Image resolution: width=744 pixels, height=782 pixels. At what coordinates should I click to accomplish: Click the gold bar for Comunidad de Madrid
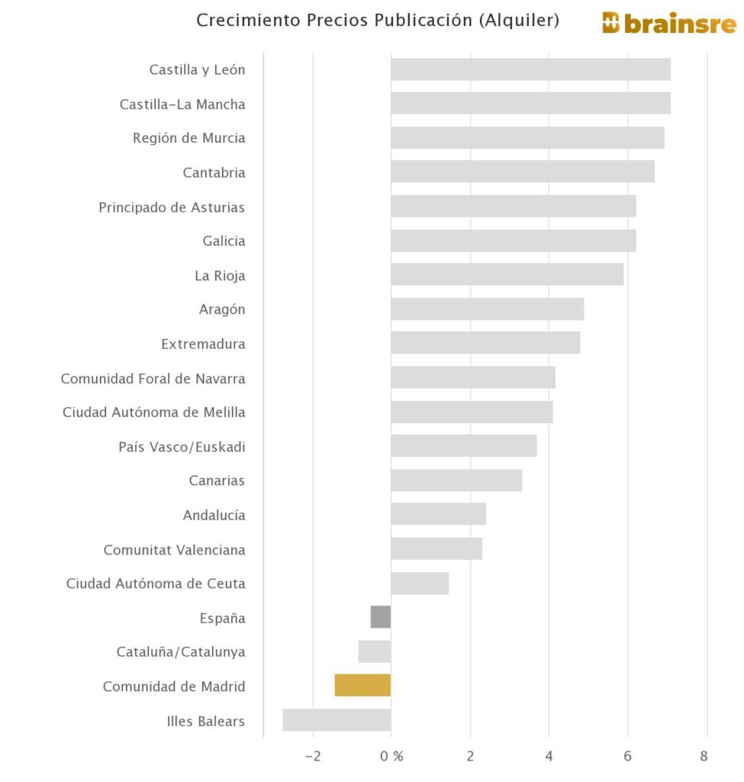coord(362,685)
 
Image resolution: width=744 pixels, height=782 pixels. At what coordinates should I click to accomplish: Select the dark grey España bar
coord(381,617)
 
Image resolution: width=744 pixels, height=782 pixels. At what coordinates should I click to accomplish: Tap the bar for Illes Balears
coord(337,719)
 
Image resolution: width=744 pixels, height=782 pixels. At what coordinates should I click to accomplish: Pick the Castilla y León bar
coord(530,69)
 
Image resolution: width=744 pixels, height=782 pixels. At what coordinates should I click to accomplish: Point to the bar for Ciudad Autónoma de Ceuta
coord(420,583)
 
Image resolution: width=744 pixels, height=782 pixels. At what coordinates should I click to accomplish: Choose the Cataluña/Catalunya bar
coord(375,651)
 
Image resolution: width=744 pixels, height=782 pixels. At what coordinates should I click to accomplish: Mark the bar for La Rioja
coord(507,274)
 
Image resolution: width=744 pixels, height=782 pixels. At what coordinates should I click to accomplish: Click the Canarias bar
coord(456,480)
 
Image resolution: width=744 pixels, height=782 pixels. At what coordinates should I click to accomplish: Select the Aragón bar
coord(487,309)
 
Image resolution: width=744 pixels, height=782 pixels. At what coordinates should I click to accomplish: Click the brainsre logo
coord(668,23)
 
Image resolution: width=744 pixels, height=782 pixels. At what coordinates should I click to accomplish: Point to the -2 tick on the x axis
coord(313,757)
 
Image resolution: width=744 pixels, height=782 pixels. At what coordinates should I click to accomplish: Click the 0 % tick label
coord(391,757)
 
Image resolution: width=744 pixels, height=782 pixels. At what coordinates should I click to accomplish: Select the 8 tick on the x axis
coord(704,757)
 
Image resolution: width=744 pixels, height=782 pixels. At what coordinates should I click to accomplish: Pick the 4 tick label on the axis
coord(549,757)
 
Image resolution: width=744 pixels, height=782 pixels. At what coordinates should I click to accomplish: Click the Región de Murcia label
coord(188,138)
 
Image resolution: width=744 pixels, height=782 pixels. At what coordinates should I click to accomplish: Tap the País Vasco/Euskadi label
coord(182,447)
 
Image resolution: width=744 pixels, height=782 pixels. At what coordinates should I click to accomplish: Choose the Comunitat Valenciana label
coord(174,550)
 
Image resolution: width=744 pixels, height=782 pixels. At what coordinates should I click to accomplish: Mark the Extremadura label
coord(203,344)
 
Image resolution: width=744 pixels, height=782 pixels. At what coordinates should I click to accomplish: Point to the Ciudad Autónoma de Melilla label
coord(153,412)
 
